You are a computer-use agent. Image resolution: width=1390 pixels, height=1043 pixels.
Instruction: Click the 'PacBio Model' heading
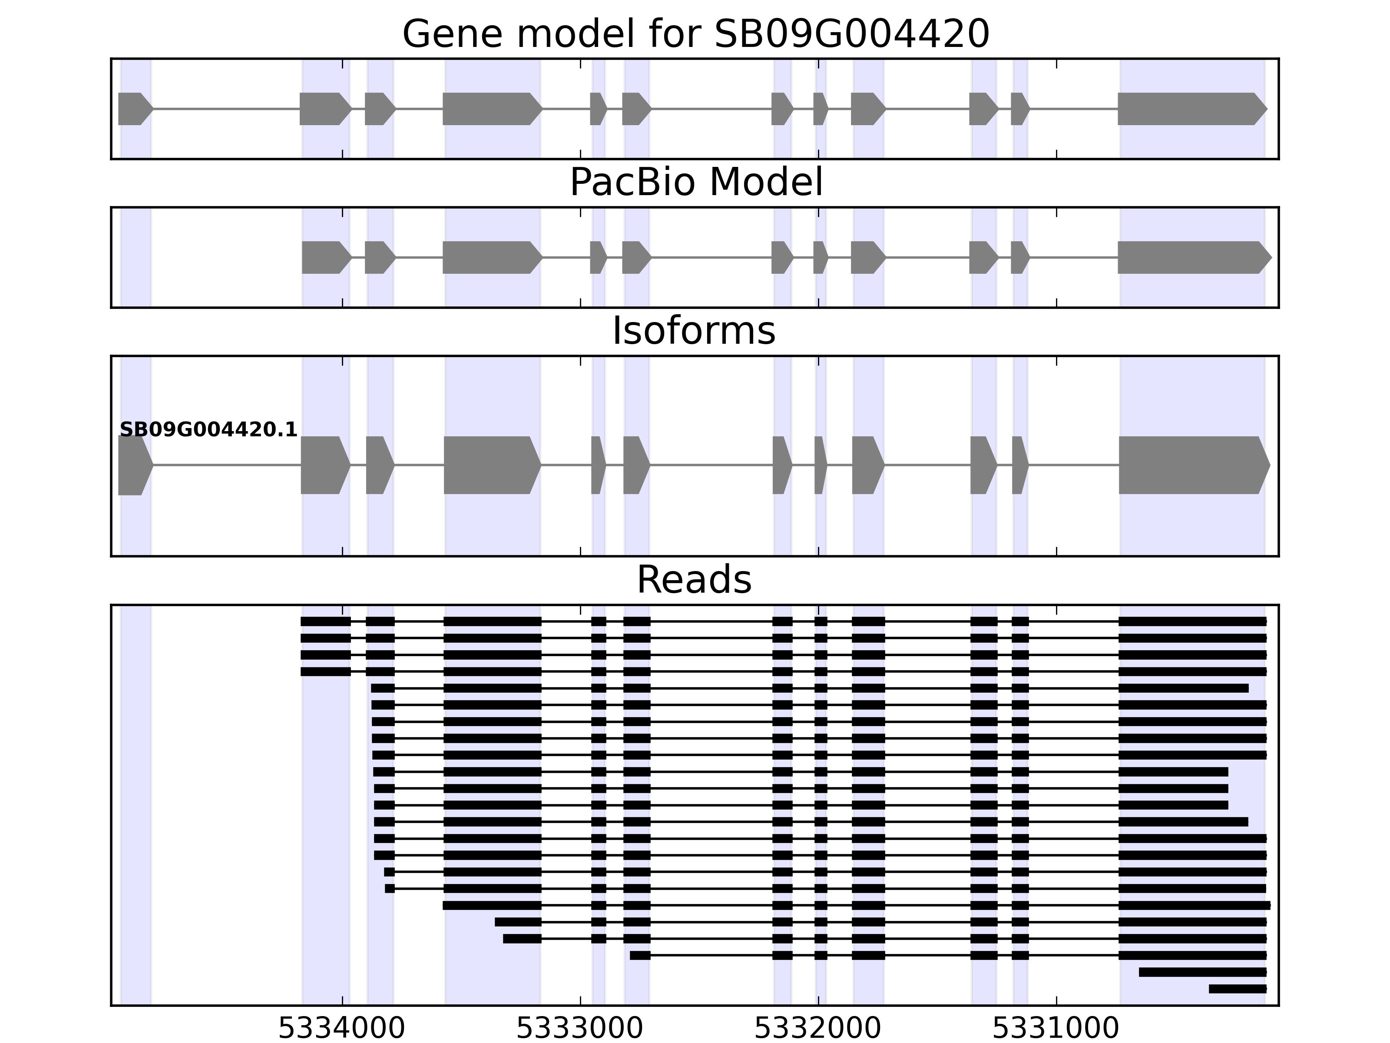click(695, 183)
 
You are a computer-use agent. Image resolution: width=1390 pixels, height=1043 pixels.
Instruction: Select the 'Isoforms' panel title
click(694, 331)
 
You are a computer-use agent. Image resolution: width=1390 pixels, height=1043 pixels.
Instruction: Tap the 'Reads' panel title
click(694, 580)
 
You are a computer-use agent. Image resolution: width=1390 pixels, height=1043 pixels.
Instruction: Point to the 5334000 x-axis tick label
click(342, 1029)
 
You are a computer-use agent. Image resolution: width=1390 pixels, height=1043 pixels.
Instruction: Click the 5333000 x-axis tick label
click(580, 1029)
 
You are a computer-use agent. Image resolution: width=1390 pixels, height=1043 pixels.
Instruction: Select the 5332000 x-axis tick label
click(817, 1029)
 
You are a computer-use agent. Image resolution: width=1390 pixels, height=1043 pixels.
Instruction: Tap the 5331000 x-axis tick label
click(1056, 1029)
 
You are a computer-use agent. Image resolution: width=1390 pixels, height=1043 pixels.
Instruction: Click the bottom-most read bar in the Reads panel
click(1237, 989)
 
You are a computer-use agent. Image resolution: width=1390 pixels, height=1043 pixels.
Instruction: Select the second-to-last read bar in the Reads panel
click(1202, 972)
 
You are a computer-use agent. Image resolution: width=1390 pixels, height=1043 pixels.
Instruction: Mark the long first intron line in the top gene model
click(226, 109)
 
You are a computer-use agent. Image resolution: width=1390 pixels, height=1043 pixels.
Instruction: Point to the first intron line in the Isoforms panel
click(226, 465)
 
